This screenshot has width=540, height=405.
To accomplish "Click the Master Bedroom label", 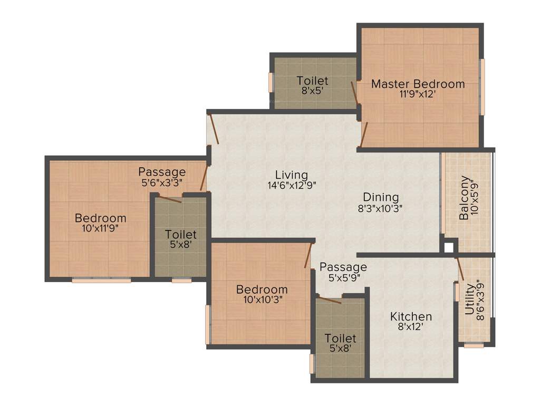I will (418, 84).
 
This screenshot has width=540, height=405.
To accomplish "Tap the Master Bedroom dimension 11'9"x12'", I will (418, 95).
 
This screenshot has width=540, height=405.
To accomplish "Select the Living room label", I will (291, 175).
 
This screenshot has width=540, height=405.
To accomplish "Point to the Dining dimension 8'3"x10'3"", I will (380, 208).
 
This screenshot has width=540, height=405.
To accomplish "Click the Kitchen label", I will (411, 316).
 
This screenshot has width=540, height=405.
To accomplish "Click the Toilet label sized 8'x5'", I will (312, 81).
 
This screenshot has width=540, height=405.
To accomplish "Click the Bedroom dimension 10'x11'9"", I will (100, 228).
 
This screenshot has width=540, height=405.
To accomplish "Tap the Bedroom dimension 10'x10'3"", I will (262, 300).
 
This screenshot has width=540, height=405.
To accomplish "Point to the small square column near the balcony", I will (449, 246).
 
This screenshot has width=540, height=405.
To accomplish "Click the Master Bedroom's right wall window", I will (482, 87).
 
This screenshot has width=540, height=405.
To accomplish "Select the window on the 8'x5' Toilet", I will (272, 82).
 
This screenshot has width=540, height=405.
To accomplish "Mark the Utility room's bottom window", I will (474, 346).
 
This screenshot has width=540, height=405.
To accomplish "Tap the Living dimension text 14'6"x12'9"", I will (291, 185).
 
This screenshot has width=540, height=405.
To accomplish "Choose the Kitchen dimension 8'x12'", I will (411, 326).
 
